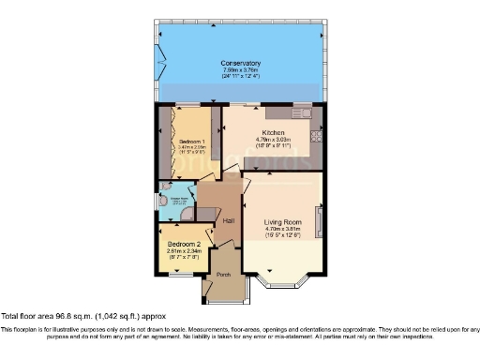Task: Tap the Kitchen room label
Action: coord(273,132)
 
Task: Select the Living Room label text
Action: coord(282,221)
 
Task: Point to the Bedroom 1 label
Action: coord(192,141)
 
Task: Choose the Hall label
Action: coord(227,219)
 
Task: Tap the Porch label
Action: coord(223,275)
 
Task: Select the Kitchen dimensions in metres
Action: coord(273,141)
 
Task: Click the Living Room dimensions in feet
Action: coord(282,235)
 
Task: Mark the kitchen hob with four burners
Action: coord(316,133)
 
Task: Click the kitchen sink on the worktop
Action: coord(302,112)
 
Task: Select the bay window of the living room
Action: coord(282,281)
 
